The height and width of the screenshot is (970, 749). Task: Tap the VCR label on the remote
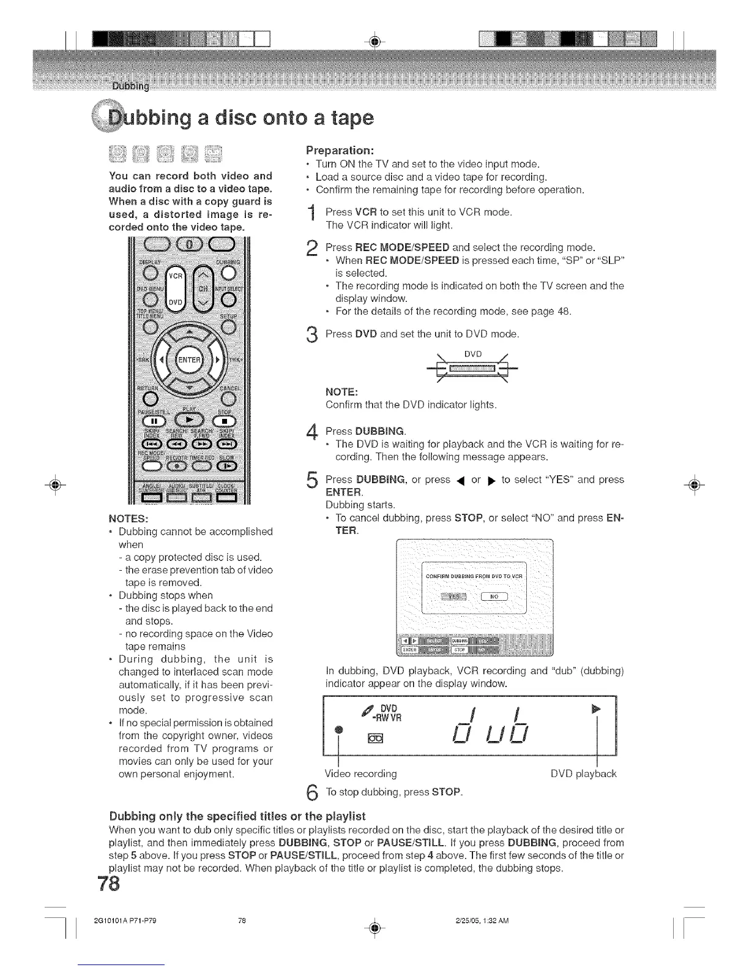pyautogui.click(x=175, y=276)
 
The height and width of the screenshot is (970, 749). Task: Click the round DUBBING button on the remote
pyautogui.click(x=228, y=271)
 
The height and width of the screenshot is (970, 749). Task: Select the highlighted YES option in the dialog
pyautogui.click(x=453, y=596)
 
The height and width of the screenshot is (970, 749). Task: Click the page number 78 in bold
pyautogui.click(x=110, y=884)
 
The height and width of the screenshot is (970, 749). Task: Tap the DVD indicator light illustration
pyautogui.click(x=472, y=369)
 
